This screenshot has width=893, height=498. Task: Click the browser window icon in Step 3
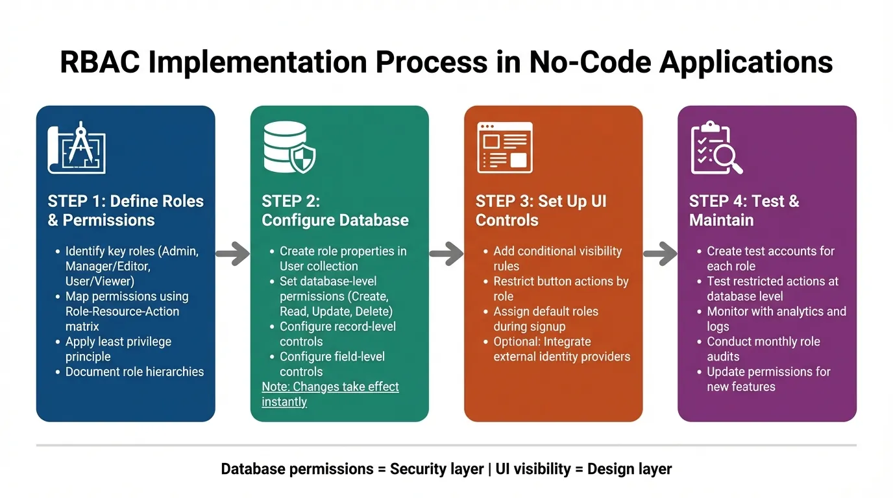pyautogui.click(x=505, y=147)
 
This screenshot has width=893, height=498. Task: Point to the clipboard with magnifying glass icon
pyautogui.click(x=716, y=147)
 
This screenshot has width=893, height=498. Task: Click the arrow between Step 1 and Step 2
pyautogui.click(x=232, y=254)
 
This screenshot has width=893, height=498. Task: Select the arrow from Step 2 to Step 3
pyautogui.click(x=446, y=254)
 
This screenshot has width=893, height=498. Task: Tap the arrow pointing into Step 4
pyautogui.click(x=660, y=254)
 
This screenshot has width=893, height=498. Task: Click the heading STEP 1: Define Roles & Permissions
pyautogui.click(x=125, y=211)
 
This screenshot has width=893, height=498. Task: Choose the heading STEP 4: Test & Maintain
pyautogui.click(x=744, y=211)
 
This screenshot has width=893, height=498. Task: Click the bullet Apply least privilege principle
pyautogui.click(x=118, y=349)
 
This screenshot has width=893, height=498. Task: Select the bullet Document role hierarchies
pyautogui.click(x=134, y=372)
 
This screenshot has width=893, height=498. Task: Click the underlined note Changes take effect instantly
pyautogui.click(x=330, y=394)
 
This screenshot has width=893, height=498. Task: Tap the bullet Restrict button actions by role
pyautogui.click(x=560, y=289)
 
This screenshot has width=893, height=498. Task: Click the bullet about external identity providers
pyautogui.click(x=561, y=349)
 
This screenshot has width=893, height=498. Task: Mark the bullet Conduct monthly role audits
pyautogui.click(x=763, y=349)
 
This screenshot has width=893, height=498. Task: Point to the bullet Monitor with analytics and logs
pyautogui.click(x=776, y=318)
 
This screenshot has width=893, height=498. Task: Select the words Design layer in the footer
pyautogui.click(x=629, y=469)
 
